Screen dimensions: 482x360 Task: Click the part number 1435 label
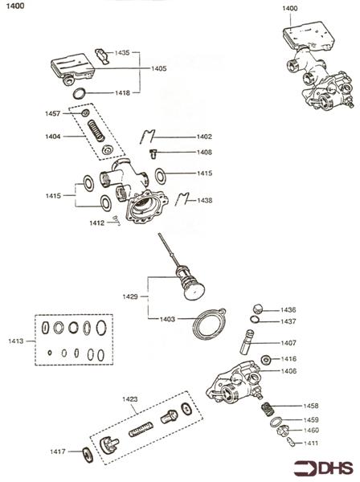click(x=122, y=51)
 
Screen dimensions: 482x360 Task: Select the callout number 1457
click(x=52, y=113)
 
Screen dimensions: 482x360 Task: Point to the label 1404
click(x=52, y=137)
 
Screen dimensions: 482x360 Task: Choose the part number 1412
click(x=97, y=223)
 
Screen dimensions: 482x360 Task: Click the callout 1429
click(x=130, y=296)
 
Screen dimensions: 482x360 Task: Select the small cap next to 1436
click(x=256, y=308)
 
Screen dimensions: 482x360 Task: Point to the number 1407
click(x=288, y=342)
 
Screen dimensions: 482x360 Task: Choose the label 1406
click(x=288, y=371)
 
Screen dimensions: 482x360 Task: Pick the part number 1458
click(x=310, y=406)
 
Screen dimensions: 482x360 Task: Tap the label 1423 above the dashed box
click(x=130, y=398)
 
